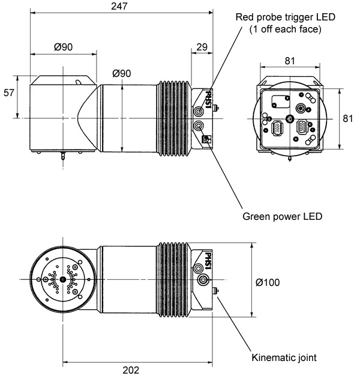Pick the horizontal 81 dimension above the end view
[x=289, y=60]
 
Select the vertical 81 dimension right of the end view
[x=347, y=118]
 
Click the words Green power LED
[x=283, y=217]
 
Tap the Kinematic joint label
[x=284, y=357]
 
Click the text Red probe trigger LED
[x=286, y=17]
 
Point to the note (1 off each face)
[x=286, y=29]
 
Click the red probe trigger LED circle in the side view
[x=199, y=112]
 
